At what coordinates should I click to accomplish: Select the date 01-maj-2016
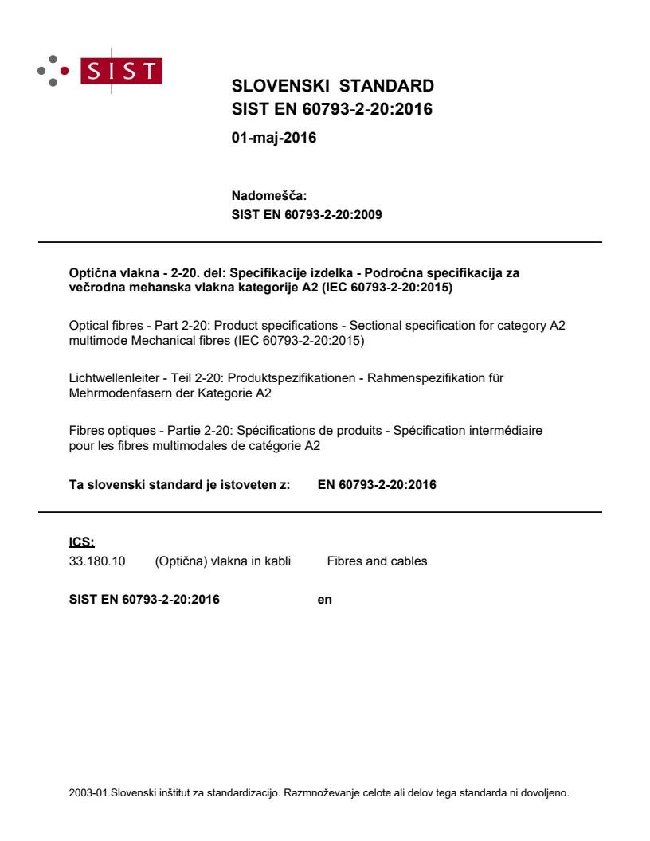click(273, 138)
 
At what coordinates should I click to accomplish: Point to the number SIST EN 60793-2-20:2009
click(307, 214)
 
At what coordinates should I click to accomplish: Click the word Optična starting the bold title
click(91, 272)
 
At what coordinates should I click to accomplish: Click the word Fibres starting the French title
click(87, 431)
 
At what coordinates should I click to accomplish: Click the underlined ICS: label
click(81, 542)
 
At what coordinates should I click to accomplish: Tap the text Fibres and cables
click(377, 561)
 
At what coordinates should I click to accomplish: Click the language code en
click(324, 600)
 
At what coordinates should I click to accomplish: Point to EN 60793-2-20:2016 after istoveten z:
click(377, 484)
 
